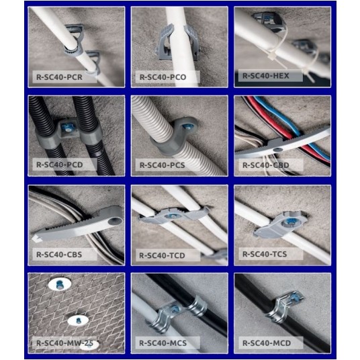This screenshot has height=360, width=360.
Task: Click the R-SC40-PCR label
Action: tap(59, 77)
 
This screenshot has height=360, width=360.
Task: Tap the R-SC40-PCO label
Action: tap(163, 77)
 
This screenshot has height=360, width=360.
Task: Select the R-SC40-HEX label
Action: tap(266, 76)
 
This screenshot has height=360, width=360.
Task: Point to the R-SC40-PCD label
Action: tap(60, 165)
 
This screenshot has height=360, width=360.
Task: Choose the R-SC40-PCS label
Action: tap(162, 165)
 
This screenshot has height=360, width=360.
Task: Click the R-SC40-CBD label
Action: tap(266, 165)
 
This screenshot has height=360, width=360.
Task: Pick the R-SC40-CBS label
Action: tap(59, 255)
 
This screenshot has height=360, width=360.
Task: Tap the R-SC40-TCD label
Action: tap(162, 255)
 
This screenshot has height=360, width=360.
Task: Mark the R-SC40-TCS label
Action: tap(265, 254)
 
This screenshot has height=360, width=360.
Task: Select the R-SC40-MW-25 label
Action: tap(64, 343)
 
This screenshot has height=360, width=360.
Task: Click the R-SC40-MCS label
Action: tap(163, 343)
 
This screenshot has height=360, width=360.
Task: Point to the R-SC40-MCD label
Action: tap(267, 343)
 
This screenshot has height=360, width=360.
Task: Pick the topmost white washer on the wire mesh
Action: tap(60, 284)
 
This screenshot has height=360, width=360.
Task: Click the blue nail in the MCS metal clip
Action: tap(174, 309)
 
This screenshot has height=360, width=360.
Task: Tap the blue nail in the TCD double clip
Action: tap(172, 216)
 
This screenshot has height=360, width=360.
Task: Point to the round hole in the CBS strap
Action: tap(116, 222)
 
